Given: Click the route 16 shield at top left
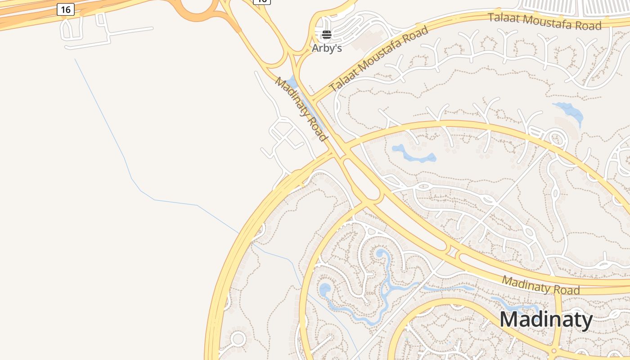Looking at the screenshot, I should (66, 9).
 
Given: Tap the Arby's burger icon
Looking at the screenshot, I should (327, 35).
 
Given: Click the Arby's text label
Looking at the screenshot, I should (327, 48).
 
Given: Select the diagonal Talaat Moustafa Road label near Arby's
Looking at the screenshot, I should (378, 58).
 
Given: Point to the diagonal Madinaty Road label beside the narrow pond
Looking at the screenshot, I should (300, 109).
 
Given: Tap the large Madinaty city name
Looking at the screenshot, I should (546, 319).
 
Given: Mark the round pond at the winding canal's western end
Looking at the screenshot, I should (324, 290).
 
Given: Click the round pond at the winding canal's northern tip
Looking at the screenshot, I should (380, 254).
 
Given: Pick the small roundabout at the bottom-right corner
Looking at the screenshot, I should (554, 351).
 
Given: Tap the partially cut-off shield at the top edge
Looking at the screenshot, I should (261, 1).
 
